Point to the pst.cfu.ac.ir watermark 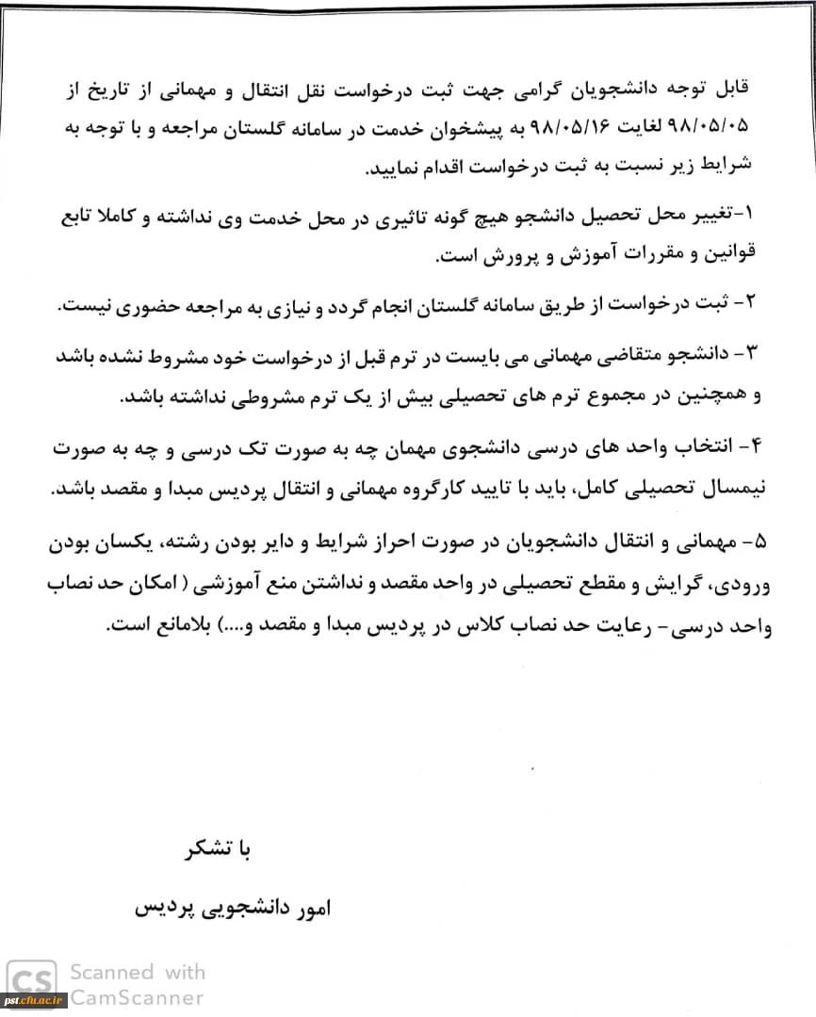pyautogui.click(x=34, y=1000)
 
